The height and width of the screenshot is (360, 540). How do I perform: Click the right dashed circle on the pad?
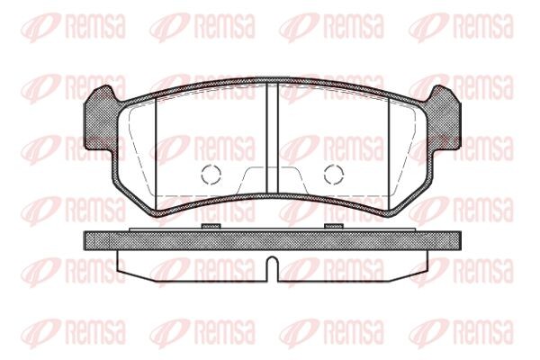point(334,175)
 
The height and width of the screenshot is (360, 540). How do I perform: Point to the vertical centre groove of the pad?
point(272,135)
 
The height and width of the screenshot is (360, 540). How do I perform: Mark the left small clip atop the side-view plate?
point(211,225)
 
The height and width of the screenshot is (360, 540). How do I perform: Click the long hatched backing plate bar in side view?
point(272,240)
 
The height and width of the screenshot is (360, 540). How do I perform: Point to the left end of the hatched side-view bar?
point(87,240)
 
